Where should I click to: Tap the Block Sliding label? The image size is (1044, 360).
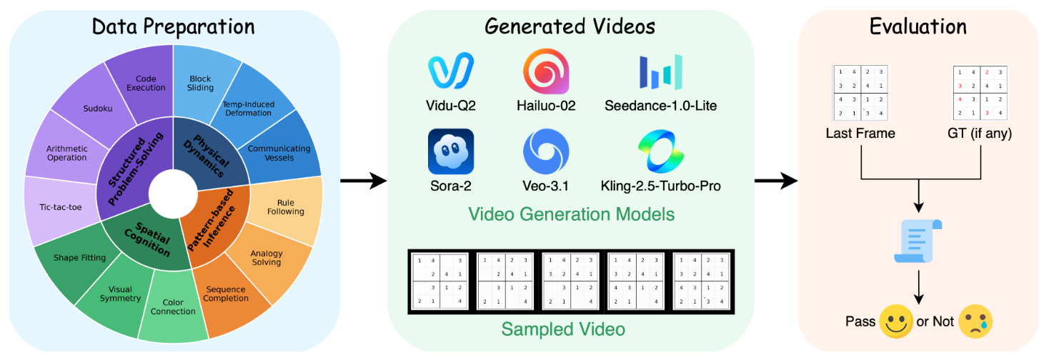[x=201, y=83]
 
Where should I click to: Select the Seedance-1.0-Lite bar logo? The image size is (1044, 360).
[x=660, y=72]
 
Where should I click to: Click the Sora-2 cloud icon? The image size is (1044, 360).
[x=452, y=151]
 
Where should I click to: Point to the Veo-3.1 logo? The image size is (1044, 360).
[x=546, y=151]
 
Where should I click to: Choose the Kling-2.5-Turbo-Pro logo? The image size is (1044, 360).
[x=660, y=151]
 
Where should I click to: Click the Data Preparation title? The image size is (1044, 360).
[x=173, y=26]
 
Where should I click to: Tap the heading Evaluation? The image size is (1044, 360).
[x=918, y=26]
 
